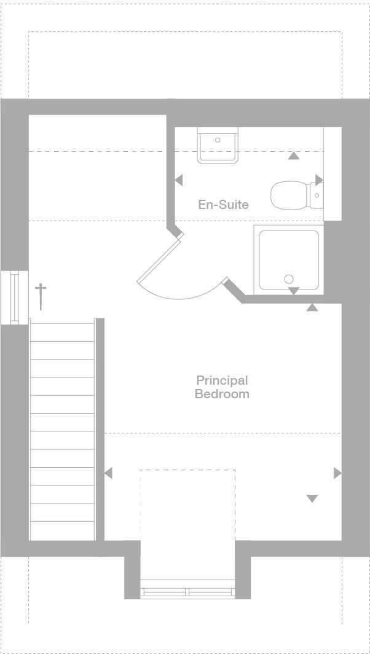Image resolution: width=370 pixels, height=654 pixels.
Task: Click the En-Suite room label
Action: point(223,204)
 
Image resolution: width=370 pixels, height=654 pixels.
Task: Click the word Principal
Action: point(222,380)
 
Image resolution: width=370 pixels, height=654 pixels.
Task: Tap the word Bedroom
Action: point(222,394)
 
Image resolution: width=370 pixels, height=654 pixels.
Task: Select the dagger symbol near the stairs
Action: point(41,296)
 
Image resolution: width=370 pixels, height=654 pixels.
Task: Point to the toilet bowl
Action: point(291,195)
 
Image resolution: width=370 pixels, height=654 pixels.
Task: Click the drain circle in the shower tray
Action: point(289,279)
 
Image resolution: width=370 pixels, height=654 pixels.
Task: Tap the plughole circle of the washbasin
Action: point(218,140)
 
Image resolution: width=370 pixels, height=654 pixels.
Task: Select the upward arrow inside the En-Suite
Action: point(294,156)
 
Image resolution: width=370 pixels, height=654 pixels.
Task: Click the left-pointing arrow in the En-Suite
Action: point(178,180)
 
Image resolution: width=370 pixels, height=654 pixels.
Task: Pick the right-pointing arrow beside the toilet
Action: point(319,179)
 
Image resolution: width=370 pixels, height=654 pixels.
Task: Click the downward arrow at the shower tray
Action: point(294,290)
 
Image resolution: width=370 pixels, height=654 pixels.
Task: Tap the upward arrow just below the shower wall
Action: point(312,307)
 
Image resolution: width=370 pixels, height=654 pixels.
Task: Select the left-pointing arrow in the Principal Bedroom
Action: point(108,473)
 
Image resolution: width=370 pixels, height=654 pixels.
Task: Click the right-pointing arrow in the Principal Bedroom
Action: point(337,473)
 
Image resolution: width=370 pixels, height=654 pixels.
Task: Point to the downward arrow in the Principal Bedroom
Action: point(312,498)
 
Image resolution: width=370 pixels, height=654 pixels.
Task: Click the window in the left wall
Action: point(15,296)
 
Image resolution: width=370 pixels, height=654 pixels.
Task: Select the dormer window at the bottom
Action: point(187,592)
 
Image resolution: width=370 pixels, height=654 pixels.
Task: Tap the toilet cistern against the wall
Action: point(317,195)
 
